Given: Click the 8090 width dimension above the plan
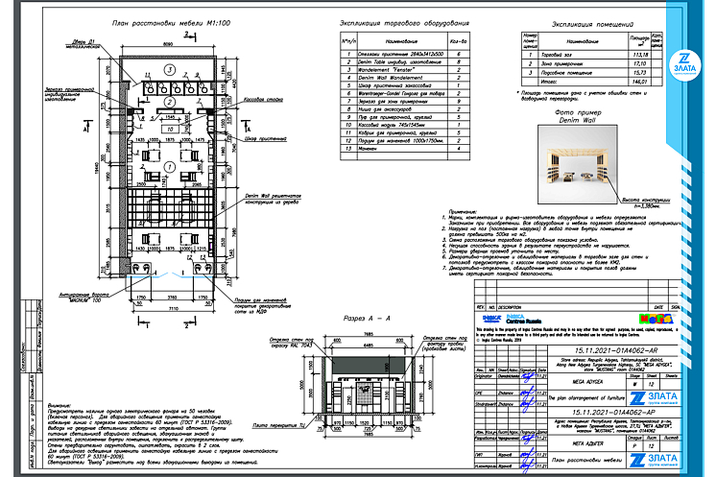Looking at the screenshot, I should (x=168, y=44).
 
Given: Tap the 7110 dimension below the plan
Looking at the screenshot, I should (x=168, y=309).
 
